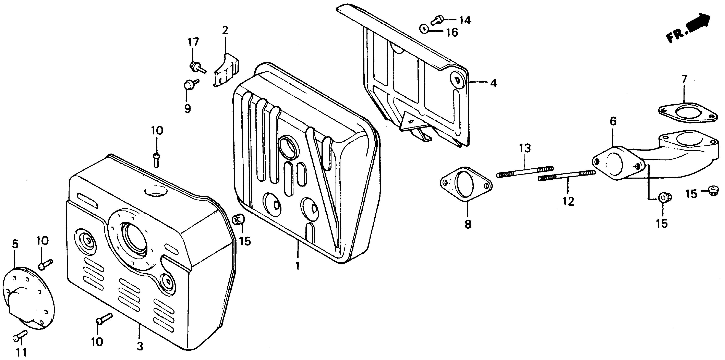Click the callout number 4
point(493,83)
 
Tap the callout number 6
point(613,122)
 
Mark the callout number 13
point(525,148)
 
